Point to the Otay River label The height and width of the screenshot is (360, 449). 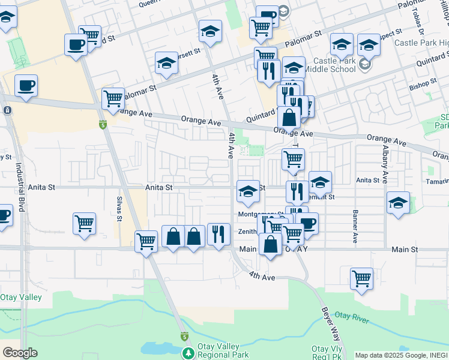tap(351, 317)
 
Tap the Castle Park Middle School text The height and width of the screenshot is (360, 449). tap(330, 65)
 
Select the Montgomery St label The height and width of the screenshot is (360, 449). tap(261, 214)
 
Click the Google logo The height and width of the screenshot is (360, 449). tap(20, 352)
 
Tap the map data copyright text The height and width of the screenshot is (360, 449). tap(401, 355)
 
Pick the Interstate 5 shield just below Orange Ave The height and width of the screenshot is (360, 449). tap(103, 125)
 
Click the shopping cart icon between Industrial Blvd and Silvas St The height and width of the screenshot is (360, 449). tap(84, 223)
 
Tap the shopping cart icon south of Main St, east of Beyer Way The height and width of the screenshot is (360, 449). tap(361, 278)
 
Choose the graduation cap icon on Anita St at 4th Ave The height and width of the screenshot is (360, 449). tap(247, 191)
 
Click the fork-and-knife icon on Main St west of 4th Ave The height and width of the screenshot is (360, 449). tap(218, 233)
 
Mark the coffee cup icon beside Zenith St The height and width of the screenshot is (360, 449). tap(307, 223)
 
